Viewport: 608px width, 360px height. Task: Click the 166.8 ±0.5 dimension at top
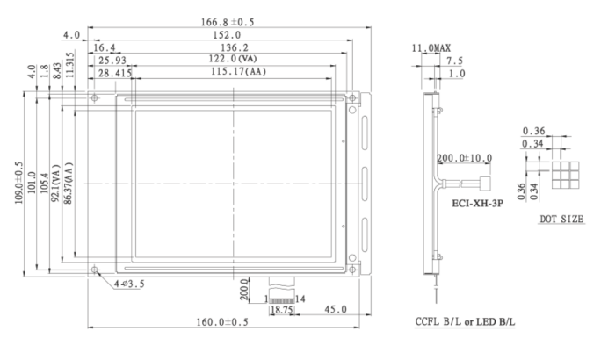coord(228,22)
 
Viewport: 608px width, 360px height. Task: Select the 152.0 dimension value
coord(227,35)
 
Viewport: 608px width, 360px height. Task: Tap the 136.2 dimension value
coord(235,47)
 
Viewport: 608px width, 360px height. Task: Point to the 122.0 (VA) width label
coord(233,59)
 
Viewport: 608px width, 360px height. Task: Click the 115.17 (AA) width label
coord(238,72)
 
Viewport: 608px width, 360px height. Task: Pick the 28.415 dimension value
coord(115,73)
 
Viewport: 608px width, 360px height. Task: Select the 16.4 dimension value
coord(105,47)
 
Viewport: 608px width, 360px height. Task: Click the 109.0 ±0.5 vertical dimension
coord(19,183)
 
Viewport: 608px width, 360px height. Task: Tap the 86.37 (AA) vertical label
coord(69,184)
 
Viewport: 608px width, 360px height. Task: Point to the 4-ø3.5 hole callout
coord(129,284)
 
